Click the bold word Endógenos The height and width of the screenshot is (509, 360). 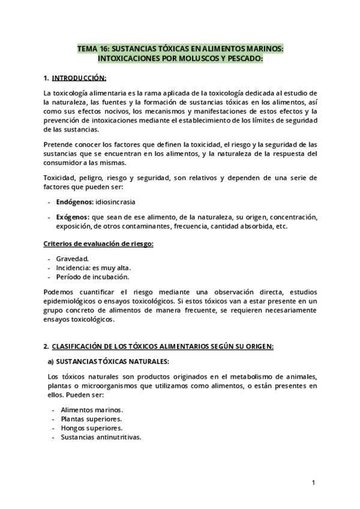(x=75, y=202)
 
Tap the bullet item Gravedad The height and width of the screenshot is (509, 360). (x=73, y=259)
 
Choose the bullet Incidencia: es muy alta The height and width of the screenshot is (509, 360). (x=93, y=268)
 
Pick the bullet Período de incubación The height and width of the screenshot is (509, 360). (x=92, y=277)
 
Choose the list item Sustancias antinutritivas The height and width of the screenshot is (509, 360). (x=101, y=437)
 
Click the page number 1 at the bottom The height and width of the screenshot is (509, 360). (x=313, y=482)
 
